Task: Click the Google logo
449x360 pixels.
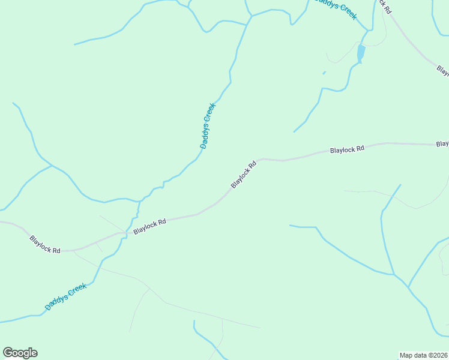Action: (20, 353)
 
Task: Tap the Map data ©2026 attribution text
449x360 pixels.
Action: (423, 355)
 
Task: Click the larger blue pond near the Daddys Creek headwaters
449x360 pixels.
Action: (361, 53)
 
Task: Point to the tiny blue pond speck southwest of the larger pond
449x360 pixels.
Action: (324, 73)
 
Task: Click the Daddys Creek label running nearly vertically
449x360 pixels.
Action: (207, 126)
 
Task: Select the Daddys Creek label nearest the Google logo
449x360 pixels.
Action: (66, 297)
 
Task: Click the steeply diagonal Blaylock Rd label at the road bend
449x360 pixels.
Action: (244, 174)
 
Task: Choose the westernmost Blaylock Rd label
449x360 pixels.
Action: (45, 244)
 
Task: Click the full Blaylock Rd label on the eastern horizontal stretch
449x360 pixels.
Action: (347, 149)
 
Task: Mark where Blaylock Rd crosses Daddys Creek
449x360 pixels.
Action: (126, 233)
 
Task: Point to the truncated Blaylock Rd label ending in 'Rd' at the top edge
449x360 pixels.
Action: (384, 6)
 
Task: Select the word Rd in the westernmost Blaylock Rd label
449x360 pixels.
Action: (56, 250)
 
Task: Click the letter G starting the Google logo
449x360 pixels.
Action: (8, 352)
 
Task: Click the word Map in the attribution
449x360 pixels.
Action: (406, 355)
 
